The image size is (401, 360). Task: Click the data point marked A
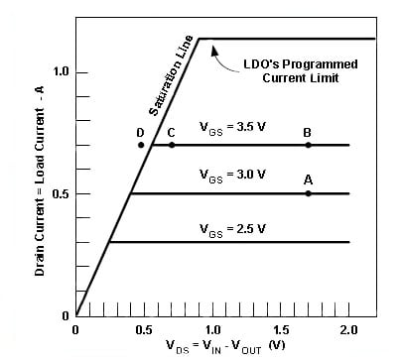tap(308, 193)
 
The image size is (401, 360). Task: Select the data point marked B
tap(308, 145)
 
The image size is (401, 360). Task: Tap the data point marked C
tap(172, 145)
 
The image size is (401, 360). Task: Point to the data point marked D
tap(141, 145)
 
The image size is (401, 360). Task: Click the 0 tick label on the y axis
tap(64, 315)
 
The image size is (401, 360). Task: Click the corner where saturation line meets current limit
tap(200, 39)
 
